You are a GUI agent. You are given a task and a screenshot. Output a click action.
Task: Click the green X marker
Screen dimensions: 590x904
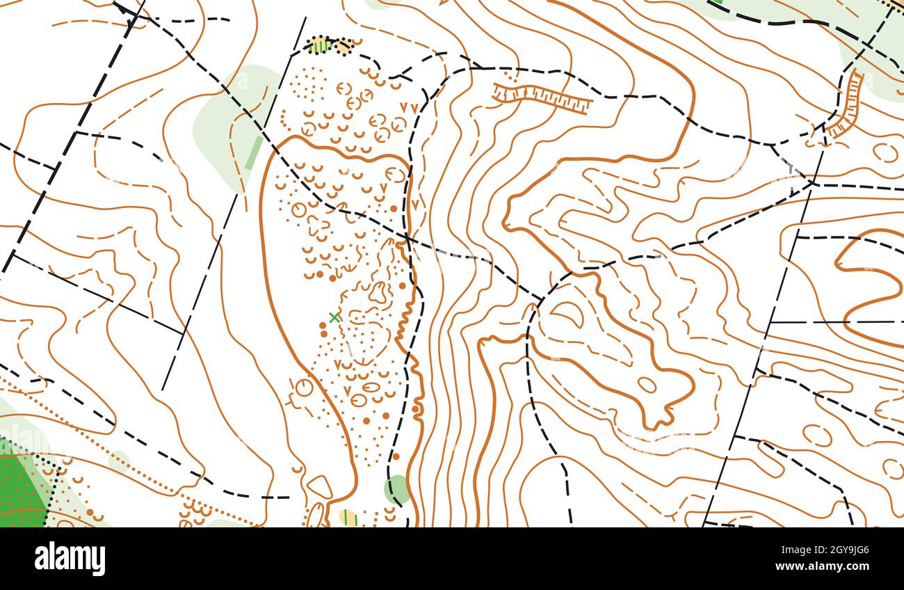click(334, 317)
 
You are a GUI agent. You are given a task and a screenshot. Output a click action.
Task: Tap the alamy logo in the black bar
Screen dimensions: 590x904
click(70, 559)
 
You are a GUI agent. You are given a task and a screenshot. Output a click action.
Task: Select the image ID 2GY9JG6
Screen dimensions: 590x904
click(832, 550)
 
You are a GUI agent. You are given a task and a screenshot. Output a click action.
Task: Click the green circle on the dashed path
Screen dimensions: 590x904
click(398, 488)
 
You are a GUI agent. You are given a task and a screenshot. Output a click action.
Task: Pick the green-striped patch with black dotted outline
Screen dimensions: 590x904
click(320, 46)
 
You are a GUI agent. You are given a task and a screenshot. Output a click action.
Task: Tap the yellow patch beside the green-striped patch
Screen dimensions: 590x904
click(346, 47)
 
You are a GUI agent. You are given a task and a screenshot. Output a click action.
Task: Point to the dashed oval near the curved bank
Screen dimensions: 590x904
click(885, 152)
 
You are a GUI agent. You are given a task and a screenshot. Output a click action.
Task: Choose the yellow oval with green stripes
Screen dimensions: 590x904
click(348, 518)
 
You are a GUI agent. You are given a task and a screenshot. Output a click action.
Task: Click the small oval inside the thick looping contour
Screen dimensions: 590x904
click(647, 384)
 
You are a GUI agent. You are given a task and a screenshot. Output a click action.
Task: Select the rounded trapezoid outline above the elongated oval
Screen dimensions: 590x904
click(320, 486)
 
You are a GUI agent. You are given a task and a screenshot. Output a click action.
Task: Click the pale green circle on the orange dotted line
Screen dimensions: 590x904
click(119, 460)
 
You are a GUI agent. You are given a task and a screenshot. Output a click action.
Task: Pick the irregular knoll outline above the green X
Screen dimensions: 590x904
click(378, 292)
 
